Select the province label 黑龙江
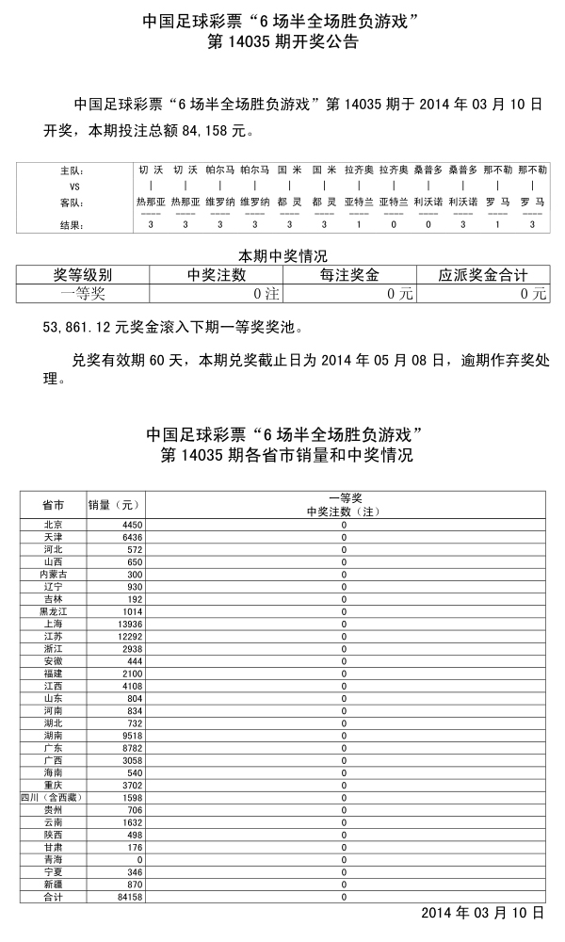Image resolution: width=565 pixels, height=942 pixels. coord(53,610)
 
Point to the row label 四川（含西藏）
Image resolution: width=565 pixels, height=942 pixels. coord(53,797)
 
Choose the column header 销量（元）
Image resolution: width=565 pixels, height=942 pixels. coord(114,504)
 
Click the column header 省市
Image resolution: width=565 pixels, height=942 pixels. coord(53,504)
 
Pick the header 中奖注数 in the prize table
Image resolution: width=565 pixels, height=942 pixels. coord(217,275)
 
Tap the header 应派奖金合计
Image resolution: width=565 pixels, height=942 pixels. coord(482,275)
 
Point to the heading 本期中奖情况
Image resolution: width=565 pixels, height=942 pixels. coord(282,256)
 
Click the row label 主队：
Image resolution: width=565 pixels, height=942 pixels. coord(72,171)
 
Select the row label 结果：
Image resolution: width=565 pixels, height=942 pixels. coord(72,225)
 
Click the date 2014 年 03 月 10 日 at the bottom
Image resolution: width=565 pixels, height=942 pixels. coord(482,913)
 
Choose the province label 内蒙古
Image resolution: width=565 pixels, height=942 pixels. coord(53,574)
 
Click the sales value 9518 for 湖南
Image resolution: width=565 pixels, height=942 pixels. coord(128,735)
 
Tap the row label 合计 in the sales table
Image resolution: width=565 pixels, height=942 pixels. coord(53,896)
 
